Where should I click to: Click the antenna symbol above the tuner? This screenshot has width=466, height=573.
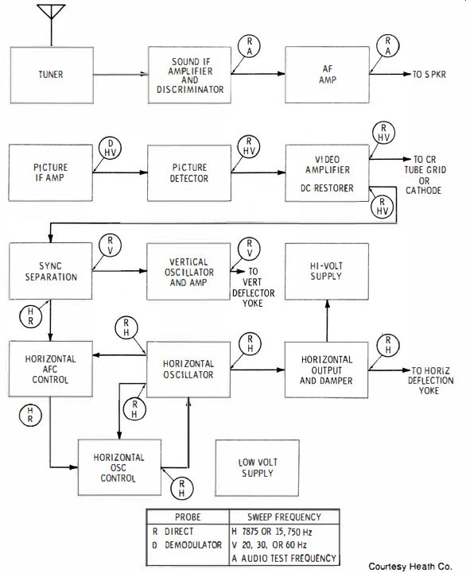[x=51, y=22]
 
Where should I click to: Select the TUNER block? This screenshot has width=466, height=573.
[x=52, y=75]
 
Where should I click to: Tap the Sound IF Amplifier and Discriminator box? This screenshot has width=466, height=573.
[x=189, y=75]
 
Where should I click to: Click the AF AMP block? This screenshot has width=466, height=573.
[x=327, y=75]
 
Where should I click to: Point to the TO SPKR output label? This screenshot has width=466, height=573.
[x=429, y=75]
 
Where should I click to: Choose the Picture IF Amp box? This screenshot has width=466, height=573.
[x=50, y=172]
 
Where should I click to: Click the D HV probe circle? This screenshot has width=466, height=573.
[x=110, y=149]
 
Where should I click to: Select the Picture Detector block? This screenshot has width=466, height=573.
[x=189, y=172]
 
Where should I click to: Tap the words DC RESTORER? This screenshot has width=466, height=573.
[x=327, y=188]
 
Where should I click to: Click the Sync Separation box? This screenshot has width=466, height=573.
[x=50, y=271]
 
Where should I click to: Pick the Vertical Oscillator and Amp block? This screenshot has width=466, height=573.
[x=188, y=272]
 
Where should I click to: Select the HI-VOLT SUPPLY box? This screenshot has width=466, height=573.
[x=327, y=271]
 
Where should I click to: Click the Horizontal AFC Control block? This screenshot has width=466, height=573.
[x=50, y=369]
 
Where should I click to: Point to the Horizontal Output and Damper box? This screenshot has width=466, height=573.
[x=326, y=370]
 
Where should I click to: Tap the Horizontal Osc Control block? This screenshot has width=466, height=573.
[x=119, y=467]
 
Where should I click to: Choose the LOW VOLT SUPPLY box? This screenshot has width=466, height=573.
[x=257, y=468]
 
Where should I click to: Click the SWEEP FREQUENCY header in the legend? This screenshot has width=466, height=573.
[x=284, y=517]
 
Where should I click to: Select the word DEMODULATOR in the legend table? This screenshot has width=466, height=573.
[x=193, y=545]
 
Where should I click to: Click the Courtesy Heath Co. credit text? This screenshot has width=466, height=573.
[x=410, y=567]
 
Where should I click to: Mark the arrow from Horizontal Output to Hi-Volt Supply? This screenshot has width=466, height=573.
[x=328, y=321]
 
